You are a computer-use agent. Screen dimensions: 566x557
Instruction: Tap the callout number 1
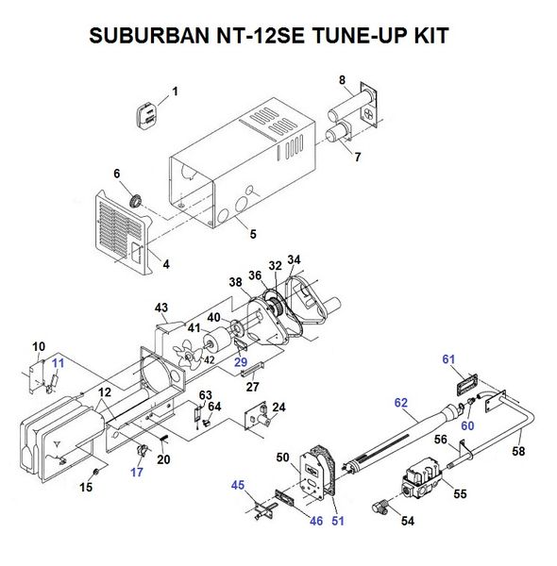[x=175, y=92]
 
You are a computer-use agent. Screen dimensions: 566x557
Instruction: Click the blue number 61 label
[x=447, y=359]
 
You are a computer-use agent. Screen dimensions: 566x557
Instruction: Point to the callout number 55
[x=460, y=492]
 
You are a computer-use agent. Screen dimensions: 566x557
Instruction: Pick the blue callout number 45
[x=238, y=486]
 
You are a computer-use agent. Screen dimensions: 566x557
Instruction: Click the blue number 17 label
[x=138, y=474]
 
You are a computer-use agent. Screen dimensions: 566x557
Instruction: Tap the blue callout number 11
[x=58, y=362]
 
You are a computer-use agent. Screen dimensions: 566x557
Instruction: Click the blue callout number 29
[x=241, y=362]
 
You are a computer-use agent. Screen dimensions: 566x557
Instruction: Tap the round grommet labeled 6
[x=137, y=199]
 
